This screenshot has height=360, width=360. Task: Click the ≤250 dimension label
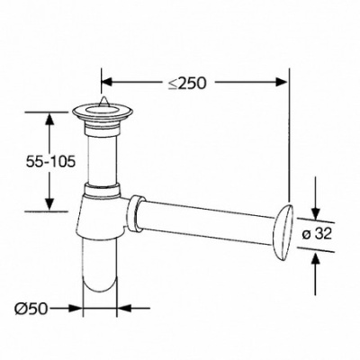(187, 83)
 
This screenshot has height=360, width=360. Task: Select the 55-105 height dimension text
(50, 162)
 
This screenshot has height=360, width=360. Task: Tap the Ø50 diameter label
(31, 308)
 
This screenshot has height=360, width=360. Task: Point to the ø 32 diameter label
(317, 234)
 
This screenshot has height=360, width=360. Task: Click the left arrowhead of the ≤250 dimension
(108, 82)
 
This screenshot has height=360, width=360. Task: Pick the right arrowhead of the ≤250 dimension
(282, 82)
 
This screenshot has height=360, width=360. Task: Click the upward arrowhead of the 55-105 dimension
(49, 119)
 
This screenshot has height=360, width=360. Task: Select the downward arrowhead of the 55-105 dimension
(49, 204)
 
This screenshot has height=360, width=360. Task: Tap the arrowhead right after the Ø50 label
(76, 308)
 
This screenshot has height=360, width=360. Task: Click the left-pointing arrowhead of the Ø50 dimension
(123, 308)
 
